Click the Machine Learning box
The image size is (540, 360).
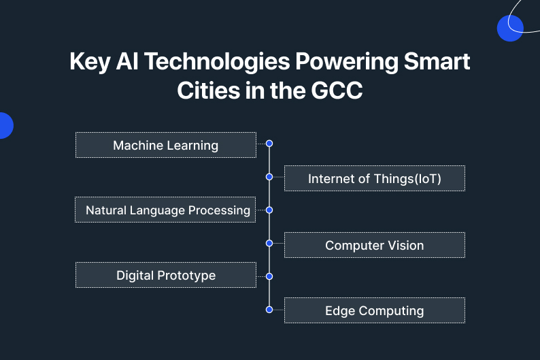[x=166, y=145]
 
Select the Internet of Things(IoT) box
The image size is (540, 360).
[x=375, y=178]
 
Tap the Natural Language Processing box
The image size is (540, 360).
[x=165, y=210]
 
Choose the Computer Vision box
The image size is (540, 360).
[x=375, y=245]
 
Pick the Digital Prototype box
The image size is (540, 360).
[x=166, y=275]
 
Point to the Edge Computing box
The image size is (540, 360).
[x=375, y=310]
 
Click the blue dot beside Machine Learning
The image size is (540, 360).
[x=269, y=144]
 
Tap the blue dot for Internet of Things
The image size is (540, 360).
[x=269, y=177]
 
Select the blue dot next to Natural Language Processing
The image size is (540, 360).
[x=269, y=210]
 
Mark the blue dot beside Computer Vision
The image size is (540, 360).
[x=269, y=243]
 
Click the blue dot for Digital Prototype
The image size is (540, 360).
[x=269, y=276]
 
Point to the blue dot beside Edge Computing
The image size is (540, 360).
[x=269, y=310]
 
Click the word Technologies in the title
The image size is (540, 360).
[x=217, y=62]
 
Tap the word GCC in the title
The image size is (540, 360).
[x=337, y=91]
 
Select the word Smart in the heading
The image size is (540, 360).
[x=437, y=61]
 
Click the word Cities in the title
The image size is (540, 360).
[x=208, y=91]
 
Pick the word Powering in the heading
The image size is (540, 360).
[x=346, y=62]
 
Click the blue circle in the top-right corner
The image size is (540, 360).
[x=510, y=29]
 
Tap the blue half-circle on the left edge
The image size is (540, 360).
[x=6, y=125]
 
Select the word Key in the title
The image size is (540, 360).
[x=90, y=62]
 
